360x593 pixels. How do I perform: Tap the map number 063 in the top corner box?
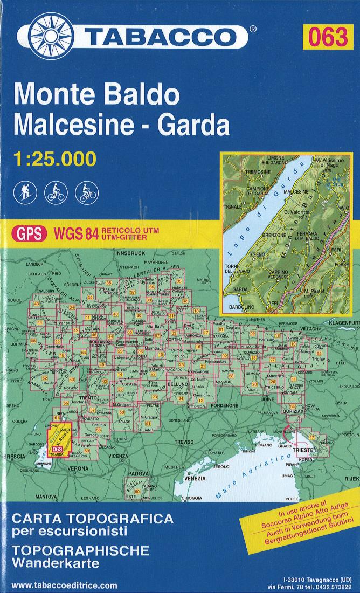pos(328,37)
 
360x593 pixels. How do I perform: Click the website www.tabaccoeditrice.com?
pos(64,585)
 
